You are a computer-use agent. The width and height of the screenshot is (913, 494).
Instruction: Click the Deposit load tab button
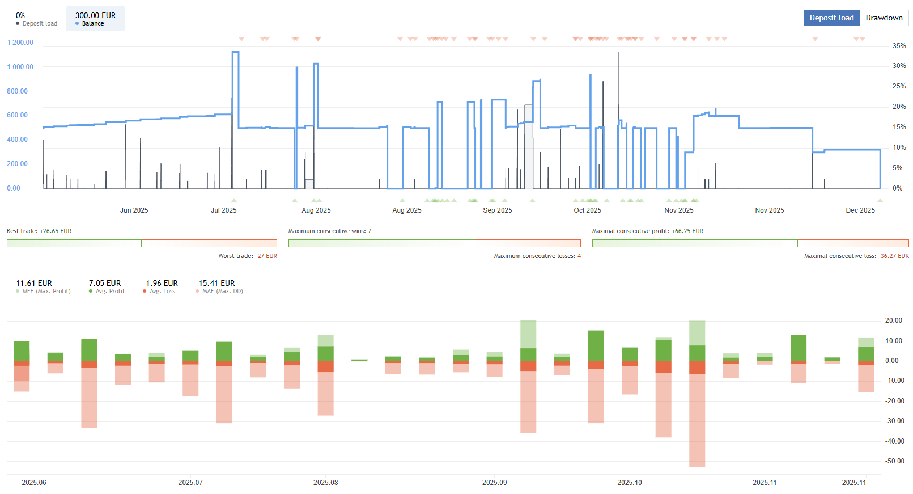(x=831, y=18)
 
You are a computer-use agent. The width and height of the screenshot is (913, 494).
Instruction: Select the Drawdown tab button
(x=884, y=18)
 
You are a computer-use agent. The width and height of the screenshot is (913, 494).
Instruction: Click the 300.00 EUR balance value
(x=95, y=15)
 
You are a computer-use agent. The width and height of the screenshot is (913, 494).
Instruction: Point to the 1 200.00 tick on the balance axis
(x=20, y=43)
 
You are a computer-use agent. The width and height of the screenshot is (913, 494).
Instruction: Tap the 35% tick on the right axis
(x=899, y=46)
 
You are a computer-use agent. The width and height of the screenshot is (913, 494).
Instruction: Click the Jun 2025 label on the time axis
(x=134, y=210)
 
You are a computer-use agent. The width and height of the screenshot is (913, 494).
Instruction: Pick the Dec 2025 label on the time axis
(x=860, y=210)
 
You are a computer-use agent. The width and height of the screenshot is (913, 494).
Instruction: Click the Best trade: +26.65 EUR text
(x=39, y=231)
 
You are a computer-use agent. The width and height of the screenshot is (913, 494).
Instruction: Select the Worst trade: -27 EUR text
(x=248, y=256)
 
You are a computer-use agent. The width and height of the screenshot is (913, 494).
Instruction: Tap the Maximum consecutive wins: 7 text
(x=329, y=231)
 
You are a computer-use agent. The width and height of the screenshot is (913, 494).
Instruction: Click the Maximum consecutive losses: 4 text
(x=537, y=256)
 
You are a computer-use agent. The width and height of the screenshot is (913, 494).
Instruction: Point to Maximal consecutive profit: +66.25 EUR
(x=647, y=231)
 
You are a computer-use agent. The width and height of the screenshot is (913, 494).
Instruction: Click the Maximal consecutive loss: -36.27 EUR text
(x=856, y=256)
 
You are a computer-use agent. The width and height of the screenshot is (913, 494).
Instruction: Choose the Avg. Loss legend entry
(x=162, y=292)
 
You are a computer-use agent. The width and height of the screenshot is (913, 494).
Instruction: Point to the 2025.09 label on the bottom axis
(x=494, y=483)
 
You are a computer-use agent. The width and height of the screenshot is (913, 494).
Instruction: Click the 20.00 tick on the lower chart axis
(x=893, y=320)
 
